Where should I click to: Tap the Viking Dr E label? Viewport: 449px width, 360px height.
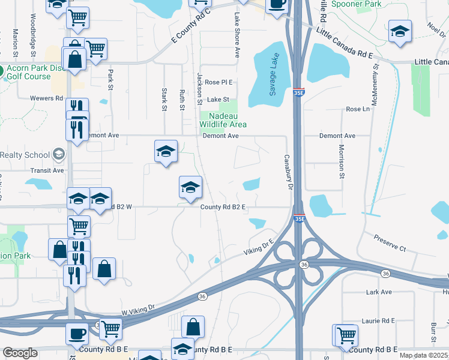(258, 247)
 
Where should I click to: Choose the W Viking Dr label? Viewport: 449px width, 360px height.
(139, 309)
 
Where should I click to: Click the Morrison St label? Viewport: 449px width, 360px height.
(341, 160)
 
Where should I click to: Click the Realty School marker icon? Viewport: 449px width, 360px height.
(58, 155)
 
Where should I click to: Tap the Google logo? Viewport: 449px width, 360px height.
(20, 353)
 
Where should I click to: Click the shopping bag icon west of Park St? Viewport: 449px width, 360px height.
(75, 59)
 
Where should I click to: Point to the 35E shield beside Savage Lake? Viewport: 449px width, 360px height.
(299, 93)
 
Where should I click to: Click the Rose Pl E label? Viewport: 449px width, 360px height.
(218, 82)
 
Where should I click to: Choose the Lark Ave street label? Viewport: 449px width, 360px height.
(379, 292)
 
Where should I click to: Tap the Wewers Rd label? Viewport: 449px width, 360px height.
(49, 98)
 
